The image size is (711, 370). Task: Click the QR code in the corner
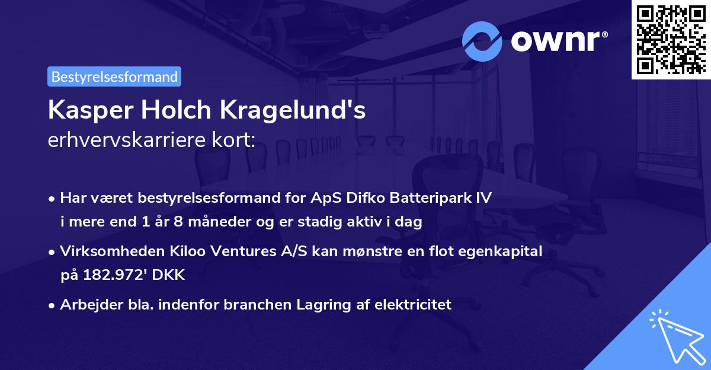coord(671,39)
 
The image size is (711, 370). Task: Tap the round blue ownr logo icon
coord(482,41)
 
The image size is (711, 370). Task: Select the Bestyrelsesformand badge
coord(114,76)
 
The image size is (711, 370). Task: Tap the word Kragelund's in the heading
coord(294,111)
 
